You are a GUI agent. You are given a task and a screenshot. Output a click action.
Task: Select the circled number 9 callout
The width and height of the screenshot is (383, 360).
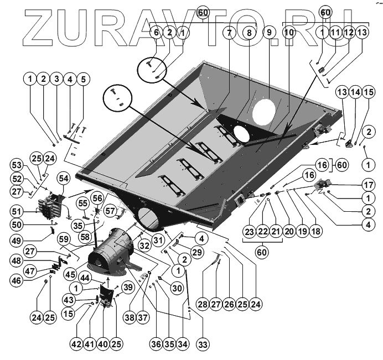tap(269, 33)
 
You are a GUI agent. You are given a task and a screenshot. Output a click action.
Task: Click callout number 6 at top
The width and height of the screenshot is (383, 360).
tap(157, 33)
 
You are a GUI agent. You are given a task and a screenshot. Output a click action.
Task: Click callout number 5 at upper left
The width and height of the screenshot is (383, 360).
tap(83, 79)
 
